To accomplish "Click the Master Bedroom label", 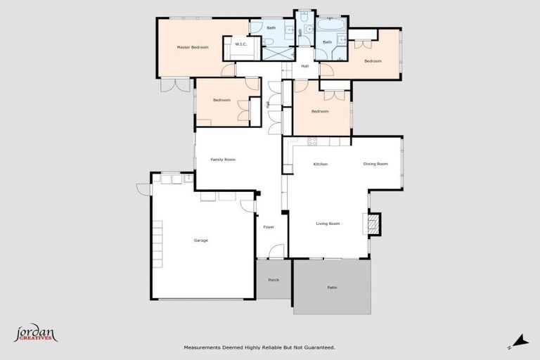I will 193,47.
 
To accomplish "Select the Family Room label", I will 223,160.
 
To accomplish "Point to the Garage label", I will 201,240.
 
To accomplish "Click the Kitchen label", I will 321,164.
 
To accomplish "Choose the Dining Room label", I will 375,164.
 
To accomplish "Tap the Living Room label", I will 328,224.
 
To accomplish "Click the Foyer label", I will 269,227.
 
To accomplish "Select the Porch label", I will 274,280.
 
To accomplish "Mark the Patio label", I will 332,288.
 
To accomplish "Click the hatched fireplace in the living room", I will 375,224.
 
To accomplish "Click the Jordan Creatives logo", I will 35,333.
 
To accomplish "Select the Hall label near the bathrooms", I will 305,66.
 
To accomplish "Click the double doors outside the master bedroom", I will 175,84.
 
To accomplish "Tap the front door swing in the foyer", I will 277,251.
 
